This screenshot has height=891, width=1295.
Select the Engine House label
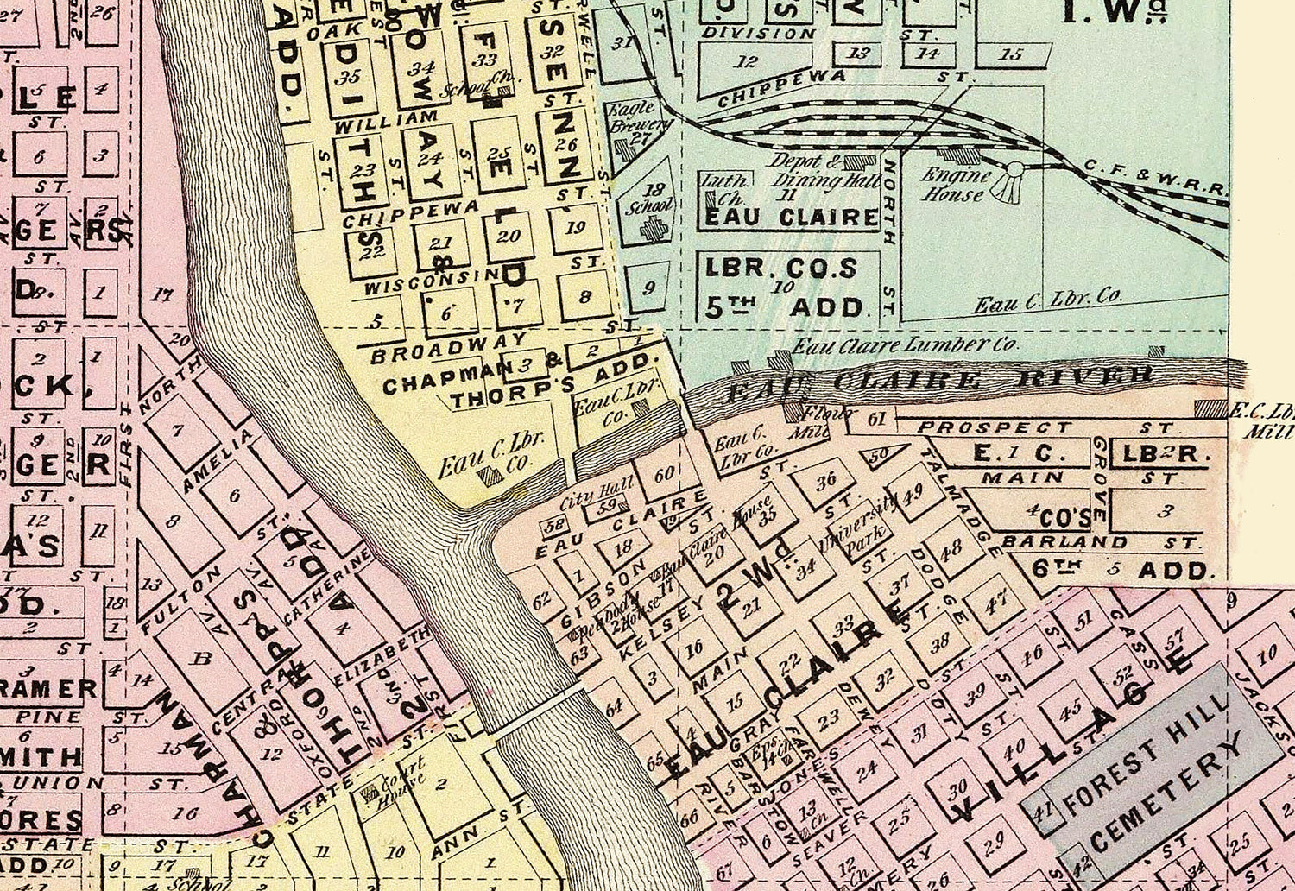pos(954,184)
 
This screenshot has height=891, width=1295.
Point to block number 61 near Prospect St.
pos(877,420)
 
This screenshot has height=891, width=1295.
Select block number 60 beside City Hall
pos(664,474)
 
